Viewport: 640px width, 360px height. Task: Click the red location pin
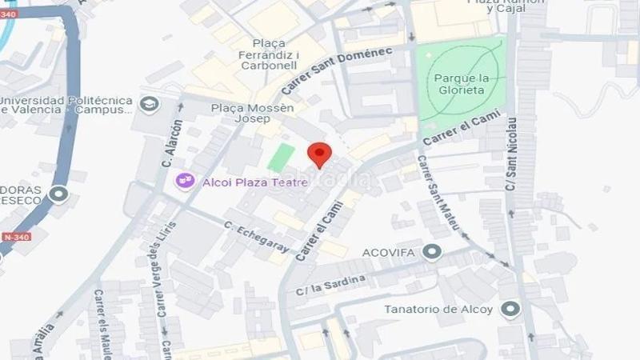(x=320, y=154)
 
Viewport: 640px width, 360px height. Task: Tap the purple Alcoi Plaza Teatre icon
(x=186, y=182)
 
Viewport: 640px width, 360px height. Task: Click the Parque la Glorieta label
(x=460, y=84)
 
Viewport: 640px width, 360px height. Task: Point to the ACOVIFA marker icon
(x=433, y=253)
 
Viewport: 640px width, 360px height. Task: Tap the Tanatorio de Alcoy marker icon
(x=509, y=309)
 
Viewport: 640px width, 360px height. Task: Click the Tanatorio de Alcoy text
(x=438, y=309)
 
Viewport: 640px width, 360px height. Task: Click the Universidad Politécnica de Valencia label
(x=66, y=105)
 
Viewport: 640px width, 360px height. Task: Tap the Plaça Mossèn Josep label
(x=253, y=114)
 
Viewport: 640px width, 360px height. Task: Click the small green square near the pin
(x=281, y=158)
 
